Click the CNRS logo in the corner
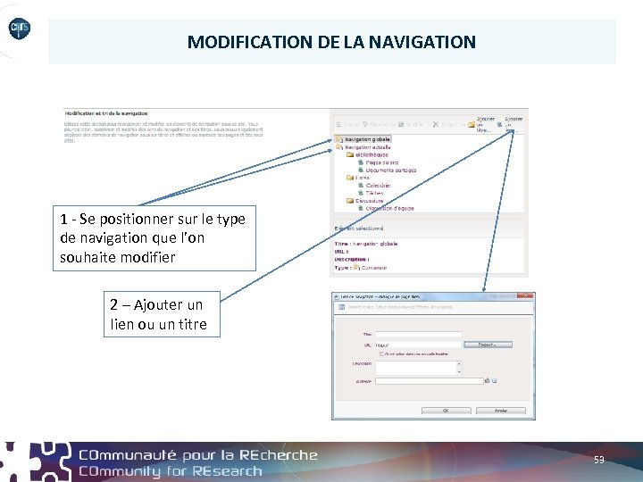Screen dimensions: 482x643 pyautogui.click(x=20, y=30)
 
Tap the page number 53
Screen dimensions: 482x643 pyautogui.click(x=598, y=460)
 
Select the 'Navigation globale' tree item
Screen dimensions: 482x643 pyautogui.click(x=367, y=140)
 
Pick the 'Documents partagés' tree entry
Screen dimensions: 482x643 pyautogui.click(x=390, y=170)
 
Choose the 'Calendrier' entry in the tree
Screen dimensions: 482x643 pyautogui.click(x=379, y=186)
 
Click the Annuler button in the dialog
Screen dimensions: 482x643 pyautogui.click(x=500, y=411)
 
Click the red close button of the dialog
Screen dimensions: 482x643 pyautogui.click(x=530, y=296)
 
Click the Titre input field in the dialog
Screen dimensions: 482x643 pyautogui.click(x=418, y=336)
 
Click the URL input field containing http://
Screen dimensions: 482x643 pyautogui.click(x=418, y=345)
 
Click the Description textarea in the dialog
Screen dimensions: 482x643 pyautogui.click(x=418, y=366)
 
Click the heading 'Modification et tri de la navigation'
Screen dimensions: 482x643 pyautogui.click(x=106, y=114)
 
